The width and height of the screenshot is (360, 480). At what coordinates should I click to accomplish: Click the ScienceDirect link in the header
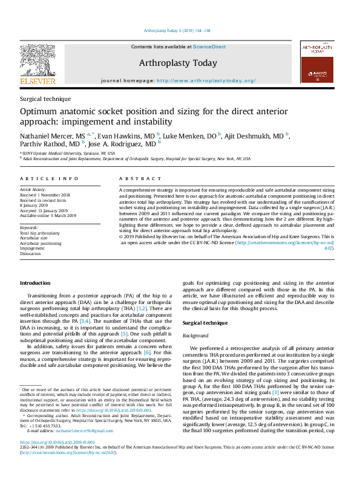click(x=209, y=47)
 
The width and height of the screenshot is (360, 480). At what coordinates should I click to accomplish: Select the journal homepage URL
click(x=206, y=80)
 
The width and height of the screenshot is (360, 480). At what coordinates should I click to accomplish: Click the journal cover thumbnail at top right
click(x=316, y=62)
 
